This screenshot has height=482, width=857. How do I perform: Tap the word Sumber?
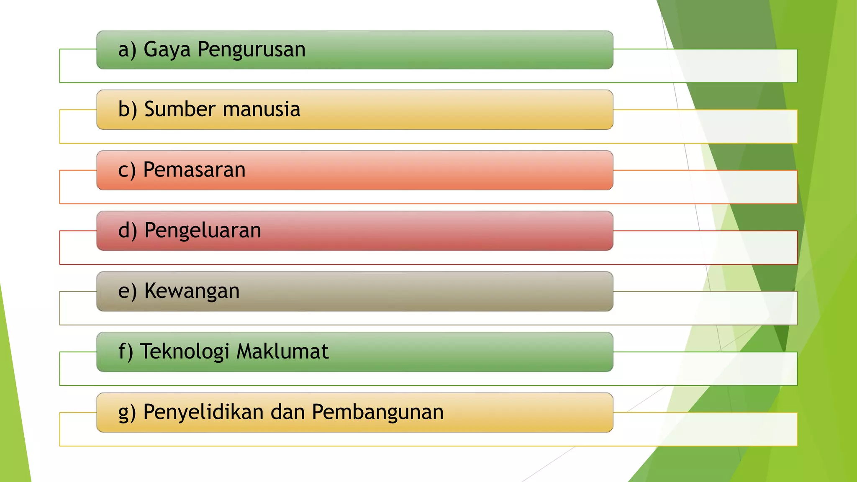pyautogui.click(x=180, y=109)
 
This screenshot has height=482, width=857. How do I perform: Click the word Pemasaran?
pyautogui.click(x=194, y=170)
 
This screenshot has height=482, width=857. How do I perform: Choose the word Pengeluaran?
pyautogui.click(x=203, y=231)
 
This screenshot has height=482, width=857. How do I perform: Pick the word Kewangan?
pyautogui.click(x=192, y=291)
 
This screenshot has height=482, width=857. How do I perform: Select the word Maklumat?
pyautogui.click(x=282, y=351)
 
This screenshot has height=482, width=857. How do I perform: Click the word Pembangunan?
pyautogui.click(x=377, y=412)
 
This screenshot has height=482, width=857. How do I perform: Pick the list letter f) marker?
pyautogui.click(x=126, y=352)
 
